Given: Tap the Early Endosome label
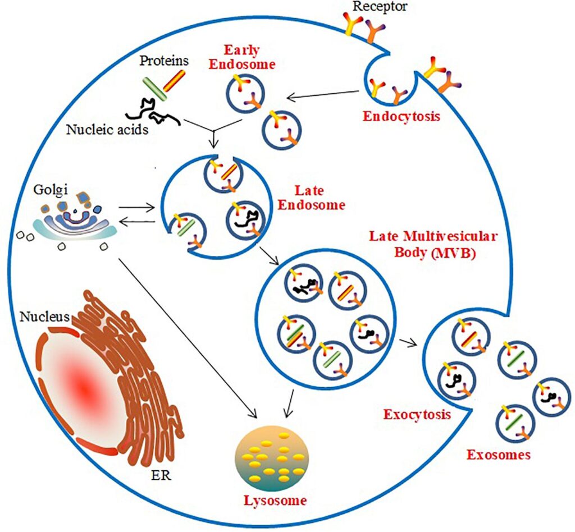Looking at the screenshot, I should [242, 56].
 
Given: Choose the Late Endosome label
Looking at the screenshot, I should [311, 198].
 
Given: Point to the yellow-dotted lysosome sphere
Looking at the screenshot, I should [272, 459].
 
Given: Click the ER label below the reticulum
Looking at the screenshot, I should [161, 476].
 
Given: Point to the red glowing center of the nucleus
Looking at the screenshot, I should [84, 387].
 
